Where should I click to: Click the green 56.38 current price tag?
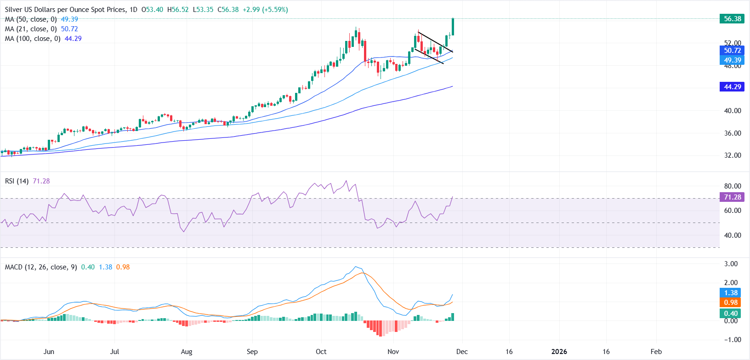point(732,19)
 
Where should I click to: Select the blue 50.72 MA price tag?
point(732,51)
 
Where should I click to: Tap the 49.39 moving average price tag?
point(732,60)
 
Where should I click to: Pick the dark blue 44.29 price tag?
point(732,87)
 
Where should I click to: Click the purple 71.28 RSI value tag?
point(732,197)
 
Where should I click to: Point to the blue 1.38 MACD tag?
point(731,293)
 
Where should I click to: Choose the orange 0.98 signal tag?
point(731,303)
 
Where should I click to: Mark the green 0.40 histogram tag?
point(731,314)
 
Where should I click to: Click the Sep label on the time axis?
point(252,352)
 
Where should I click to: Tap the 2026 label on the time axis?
point(559,352)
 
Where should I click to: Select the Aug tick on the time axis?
point(187,352)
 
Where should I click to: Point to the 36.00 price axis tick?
point(733,133)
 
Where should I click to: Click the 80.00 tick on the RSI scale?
point(733,186)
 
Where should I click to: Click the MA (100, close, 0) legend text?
point(33,39)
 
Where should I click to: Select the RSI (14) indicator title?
point(17,181)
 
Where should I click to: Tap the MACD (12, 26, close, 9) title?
point(41,267)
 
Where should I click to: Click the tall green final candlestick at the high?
point(453,27)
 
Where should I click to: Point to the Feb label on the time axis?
point(656,352)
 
